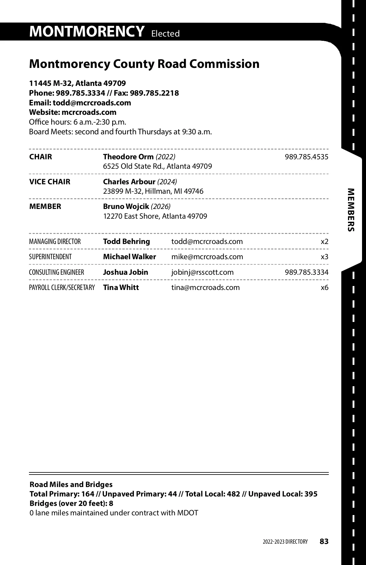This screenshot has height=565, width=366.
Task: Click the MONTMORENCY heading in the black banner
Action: pyautogui.click(x=87, y=31)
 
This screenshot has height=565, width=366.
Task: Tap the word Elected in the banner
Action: pyautogui.click(x=165, y=34)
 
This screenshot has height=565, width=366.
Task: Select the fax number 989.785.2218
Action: pyautogui.click(x=154, y=93)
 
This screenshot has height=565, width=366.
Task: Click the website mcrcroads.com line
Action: pyautogui.click(x=73, y=112)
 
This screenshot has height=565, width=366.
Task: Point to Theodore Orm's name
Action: pyautogui.click(x=128, y=157)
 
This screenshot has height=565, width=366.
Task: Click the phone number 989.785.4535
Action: pyautogui.click(x=306, y=157)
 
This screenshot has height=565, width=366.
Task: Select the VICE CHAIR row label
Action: pyautogui.click(x=50, y=182)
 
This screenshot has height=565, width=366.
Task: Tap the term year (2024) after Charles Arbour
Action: pyautogui.click(x=167, y=182)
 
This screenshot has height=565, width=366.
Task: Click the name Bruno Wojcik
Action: pyautogui.click(x=126, y=207)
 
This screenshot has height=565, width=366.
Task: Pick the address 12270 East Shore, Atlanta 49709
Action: pyautogui.click(x=155, y=216)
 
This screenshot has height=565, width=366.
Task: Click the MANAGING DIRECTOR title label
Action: pyautogui.click(x=55, y=242)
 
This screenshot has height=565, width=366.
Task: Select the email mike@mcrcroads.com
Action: pyautogui.click(x=207, y=257)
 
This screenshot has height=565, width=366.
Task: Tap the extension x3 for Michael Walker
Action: pyautogui.click(x=325, y=257)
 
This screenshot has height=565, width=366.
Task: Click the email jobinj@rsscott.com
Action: pyautogui.click(x=202, y=272)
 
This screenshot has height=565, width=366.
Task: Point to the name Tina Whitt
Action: pyautogui.click(x=121, y=288)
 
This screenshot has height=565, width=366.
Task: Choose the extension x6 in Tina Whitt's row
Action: pyautogui.click(x=325, y=288)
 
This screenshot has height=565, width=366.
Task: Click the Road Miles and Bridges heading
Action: pyautogui.click(x=71, y=485)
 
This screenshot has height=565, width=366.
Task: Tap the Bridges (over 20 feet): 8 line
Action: pyautogui.click(x=71, y=503)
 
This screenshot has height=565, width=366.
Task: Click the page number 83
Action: pyautogui.click(x=324, y=542)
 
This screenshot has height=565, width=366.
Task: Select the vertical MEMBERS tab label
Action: pyautogui.click(x=351, y=210)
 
